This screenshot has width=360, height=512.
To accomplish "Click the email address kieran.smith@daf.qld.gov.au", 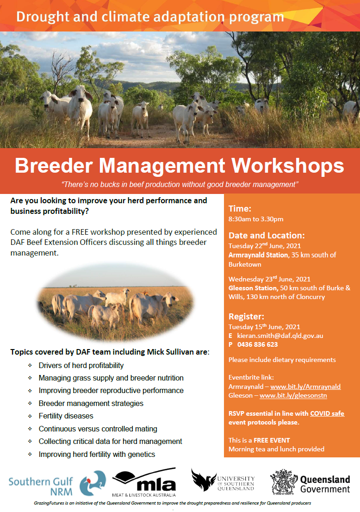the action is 280,336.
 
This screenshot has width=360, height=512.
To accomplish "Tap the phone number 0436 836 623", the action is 258,344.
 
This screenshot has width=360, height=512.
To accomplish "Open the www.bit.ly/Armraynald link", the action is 305,387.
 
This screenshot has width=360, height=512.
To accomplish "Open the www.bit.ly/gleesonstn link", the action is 293,395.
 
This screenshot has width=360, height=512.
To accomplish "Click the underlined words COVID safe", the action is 327,413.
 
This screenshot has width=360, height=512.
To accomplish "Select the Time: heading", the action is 240,209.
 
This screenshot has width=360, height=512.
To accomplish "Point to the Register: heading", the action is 247,316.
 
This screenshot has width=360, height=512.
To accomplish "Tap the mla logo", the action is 144,482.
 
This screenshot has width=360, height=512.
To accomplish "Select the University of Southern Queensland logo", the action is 223,480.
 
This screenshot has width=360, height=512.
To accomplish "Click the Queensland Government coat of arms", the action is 284,482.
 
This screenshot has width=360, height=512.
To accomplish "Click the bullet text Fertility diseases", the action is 66,416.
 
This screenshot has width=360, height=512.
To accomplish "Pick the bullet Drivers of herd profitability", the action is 81,365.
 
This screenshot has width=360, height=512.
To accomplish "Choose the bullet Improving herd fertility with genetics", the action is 97,454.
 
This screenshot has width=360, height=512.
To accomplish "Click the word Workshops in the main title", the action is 288,166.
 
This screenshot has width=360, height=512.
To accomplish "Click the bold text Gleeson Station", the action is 253,288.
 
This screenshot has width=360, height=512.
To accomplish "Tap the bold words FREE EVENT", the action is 272,440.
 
